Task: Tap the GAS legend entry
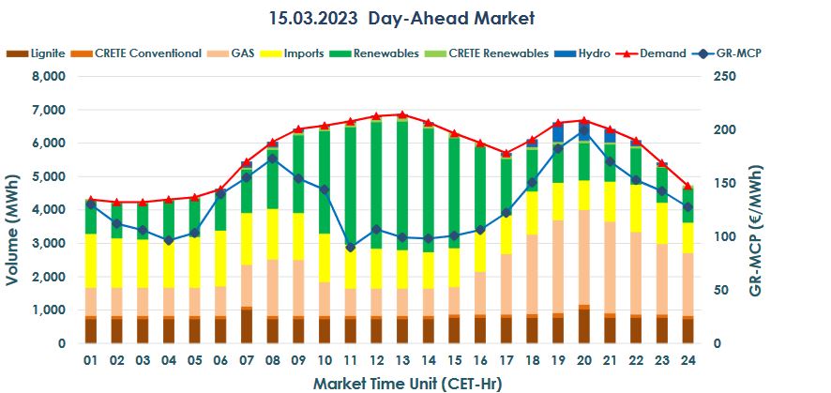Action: coord(234,53)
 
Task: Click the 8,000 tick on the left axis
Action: coord(49,77)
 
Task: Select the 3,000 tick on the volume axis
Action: coord(49,244)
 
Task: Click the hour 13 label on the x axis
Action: coord(401,361)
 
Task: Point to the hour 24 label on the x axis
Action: coord(687,361)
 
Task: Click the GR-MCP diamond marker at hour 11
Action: coord(350,248)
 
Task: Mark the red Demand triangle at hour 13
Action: coord(401,114)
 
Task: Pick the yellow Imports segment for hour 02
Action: coord(117,263)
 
